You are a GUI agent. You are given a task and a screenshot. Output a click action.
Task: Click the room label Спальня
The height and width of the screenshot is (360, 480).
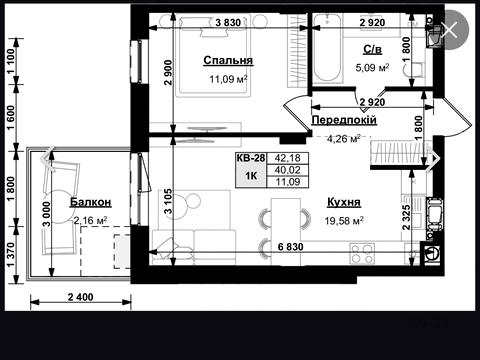coord(228,60)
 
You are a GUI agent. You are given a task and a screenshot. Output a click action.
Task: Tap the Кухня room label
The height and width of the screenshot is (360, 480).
coord(344,202)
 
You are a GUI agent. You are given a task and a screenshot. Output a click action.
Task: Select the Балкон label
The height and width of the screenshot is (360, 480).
coord(90,202)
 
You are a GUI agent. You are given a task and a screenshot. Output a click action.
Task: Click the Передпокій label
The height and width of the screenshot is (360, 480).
coord(344,120)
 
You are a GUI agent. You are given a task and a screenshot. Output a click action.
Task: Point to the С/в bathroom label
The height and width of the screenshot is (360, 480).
coord(372,50)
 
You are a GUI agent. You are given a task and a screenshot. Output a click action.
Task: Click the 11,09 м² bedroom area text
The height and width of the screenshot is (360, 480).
coord(228,79)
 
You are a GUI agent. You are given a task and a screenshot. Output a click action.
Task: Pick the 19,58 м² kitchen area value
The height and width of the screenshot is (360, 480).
coord(344,221)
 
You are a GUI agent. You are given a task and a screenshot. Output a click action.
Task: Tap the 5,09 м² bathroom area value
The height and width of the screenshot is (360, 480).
coord(372,68)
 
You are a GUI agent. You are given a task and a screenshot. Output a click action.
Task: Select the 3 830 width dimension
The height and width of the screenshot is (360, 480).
coord(228,23)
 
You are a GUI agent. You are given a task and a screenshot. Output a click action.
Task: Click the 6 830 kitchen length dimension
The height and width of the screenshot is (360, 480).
coord(291,247)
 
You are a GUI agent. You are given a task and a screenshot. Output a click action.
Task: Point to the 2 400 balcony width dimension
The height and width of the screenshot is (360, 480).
coord(81,297)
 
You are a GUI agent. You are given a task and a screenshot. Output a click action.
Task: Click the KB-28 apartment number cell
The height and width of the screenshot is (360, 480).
coord(251,158)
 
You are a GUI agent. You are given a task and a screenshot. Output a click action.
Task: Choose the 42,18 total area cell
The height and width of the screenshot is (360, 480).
coord(287,158)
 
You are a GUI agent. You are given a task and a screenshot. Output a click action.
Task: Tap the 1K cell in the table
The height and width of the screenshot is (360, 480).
coord(251,175)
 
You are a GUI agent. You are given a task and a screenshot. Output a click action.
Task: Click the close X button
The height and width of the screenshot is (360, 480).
coord(450,30)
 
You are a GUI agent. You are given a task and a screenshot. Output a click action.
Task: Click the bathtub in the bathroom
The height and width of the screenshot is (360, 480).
coord(328,49)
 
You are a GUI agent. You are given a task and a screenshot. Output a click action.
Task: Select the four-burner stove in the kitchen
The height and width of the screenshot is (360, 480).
coord(362,254)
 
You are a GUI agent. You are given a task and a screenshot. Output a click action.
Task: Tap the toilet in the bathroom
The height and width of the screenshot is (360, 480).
coord(414,71)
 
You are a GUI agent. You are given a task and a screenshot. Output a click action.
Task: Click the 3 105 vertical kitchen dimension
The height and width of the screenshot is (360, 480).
coord(169,201)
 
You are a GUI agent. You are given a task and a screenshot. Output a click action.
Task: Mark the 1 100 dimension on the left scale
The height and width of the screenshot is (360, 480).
coord(11,61)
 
